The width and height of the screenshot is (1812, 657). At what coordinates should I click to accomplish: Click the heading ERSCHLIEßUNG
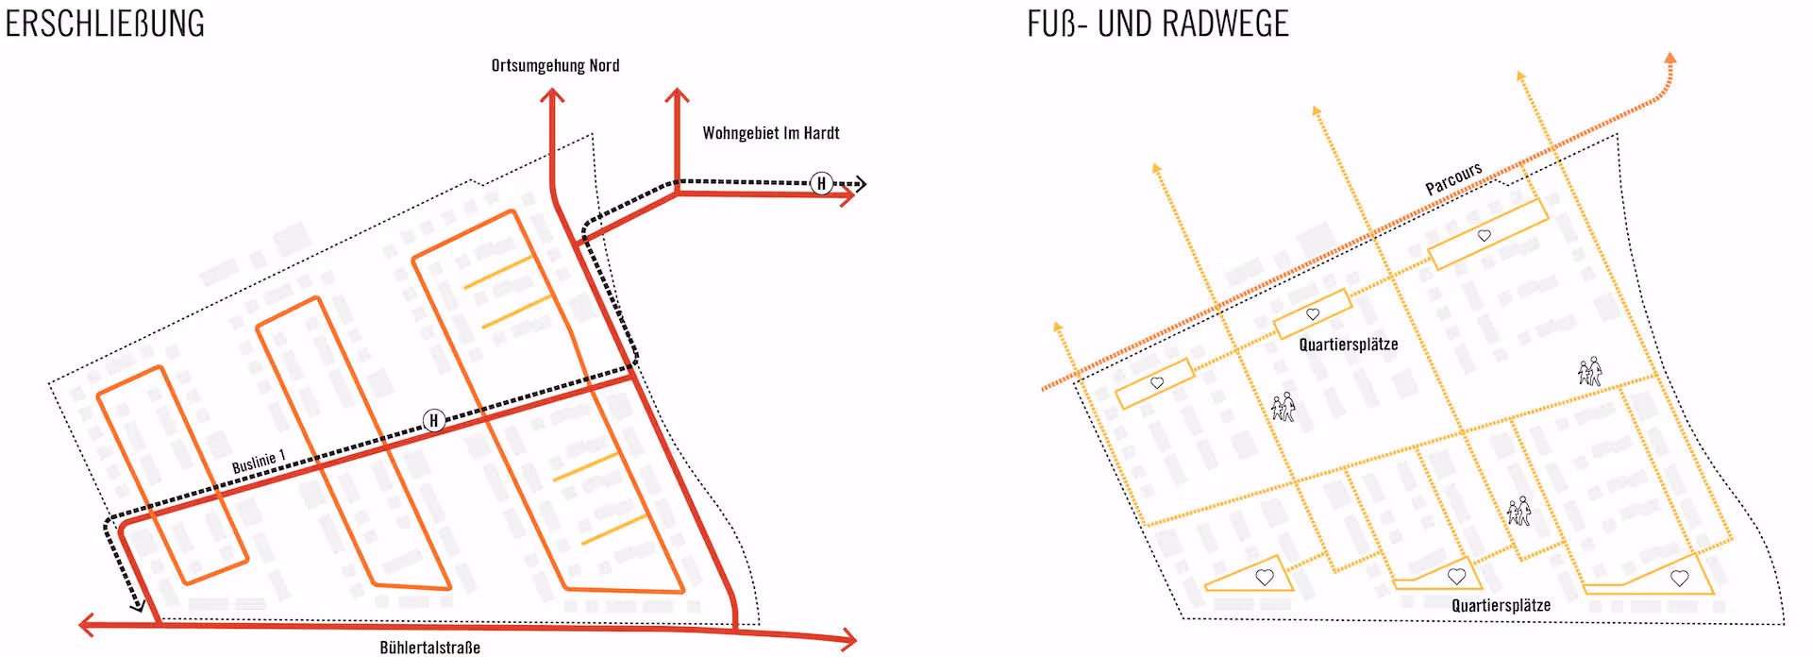[105, 24]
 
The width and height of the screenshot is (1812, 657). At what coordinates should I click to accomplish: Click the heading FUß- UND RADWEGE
[1157, 24]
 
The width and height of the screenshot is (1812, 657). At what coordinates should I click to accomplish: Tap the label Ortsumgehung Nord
[555, 65]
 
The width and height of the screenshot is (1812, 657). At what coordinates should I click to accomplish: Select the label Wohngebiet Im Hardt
[770, 133]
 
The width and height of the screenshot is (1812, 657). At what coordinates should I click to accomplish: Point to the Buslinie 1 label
[259, 462]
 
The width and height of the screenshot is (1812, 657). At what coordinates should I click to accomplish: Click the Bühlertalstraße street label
[429, 648]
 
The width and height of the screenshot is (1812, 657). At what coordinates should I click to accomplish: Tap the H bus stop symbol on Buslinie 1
[434, 420]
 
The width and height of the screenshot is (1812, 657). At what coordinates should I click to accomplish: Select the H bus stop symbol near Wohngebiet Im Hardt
[821, 183]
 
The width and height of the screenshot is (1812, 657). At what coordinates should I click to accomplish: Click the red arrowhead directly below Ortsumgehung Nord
[552, 94]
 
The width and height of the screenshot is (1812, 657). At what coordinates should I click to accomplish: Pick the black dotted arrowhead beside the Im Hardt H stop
[860, 183]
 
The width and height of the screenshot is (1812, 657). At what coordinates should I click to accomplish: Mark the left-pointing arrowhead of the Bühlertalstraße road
[86, 624]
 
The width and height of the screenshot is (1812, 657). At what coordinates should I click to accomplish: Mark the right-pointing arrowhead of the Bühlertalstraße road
[849, 640]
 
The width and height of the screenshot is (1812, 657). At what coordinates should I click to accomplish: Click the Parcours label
[1453, 177]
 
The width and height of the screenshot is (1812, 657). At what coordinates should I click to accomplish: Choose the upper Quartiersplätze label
[1348, 345]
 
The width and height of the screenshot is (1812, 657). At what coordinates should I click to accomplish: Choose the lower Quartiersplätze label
[1501, 605]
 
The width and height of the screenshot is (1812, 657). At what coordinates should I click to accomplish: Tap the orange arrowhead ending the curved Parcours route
[1670, 59]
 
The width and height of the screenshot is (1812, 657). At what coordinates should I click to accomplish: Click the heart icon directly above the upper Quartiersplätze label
[1313, 314]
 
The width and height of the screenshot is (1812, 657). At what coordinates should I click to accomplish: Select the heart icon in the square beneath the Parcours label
[1485, 235]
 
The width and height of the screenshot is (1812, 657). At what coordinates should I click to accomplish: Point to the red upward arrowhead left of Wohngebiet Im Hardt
[677, 94]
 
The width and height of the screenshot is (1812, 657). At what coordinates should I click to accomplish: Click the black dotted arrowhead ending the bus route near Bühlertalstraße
[138, 605]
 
